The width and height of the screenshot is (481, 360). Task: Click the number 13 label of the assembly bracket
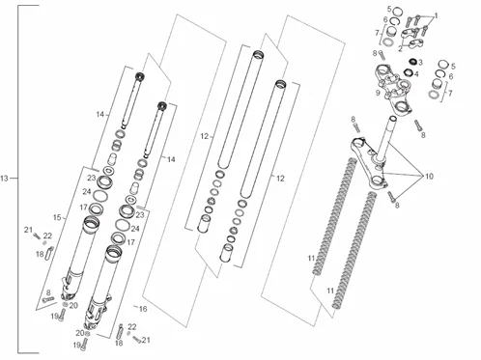(4, 179)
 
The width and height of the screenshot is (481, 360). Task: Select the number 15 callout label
(57, 218)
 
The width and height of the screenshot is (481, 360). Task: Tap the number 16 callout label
(143, 309)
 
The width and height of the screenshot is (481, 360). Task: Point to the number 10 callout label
(429, 177)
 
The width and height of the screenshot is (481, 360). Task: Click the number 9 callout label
(378, 93)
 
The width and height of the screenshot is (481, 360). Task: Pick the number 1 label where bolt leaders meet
(437, 15)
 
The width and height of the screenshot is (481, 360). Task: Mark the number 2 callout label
(400, 49)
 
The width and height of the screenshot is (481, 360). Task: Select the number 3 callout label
(420, 62)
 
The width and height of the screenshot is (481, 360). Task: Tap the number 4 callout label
(416, 74)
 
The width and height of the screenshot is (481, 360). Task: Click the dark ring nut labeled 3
(412, 61)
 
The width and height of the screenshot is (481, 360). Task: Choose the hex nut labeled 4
(409, 72)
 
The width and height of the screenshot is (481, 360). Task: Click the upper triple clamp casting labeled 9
(394, 89)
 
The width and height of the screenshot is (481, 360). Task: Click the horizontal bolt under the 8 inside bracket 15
(48, 299)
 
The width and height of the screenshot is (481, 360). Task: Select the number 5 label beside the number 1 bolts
(389, 9)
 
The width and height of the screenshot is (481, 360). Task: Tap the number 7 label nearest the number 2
(378, 33)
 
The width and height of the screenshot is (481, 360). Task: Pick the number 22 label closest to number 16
(132, 327)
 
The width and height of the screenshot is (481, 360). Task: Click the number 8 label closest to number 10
(397, 205)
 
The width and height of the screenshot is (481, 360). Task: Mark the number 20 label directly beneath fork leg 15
(73, 305)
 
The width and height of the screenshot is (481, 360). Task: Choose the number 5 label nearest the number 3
(453, 67)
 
